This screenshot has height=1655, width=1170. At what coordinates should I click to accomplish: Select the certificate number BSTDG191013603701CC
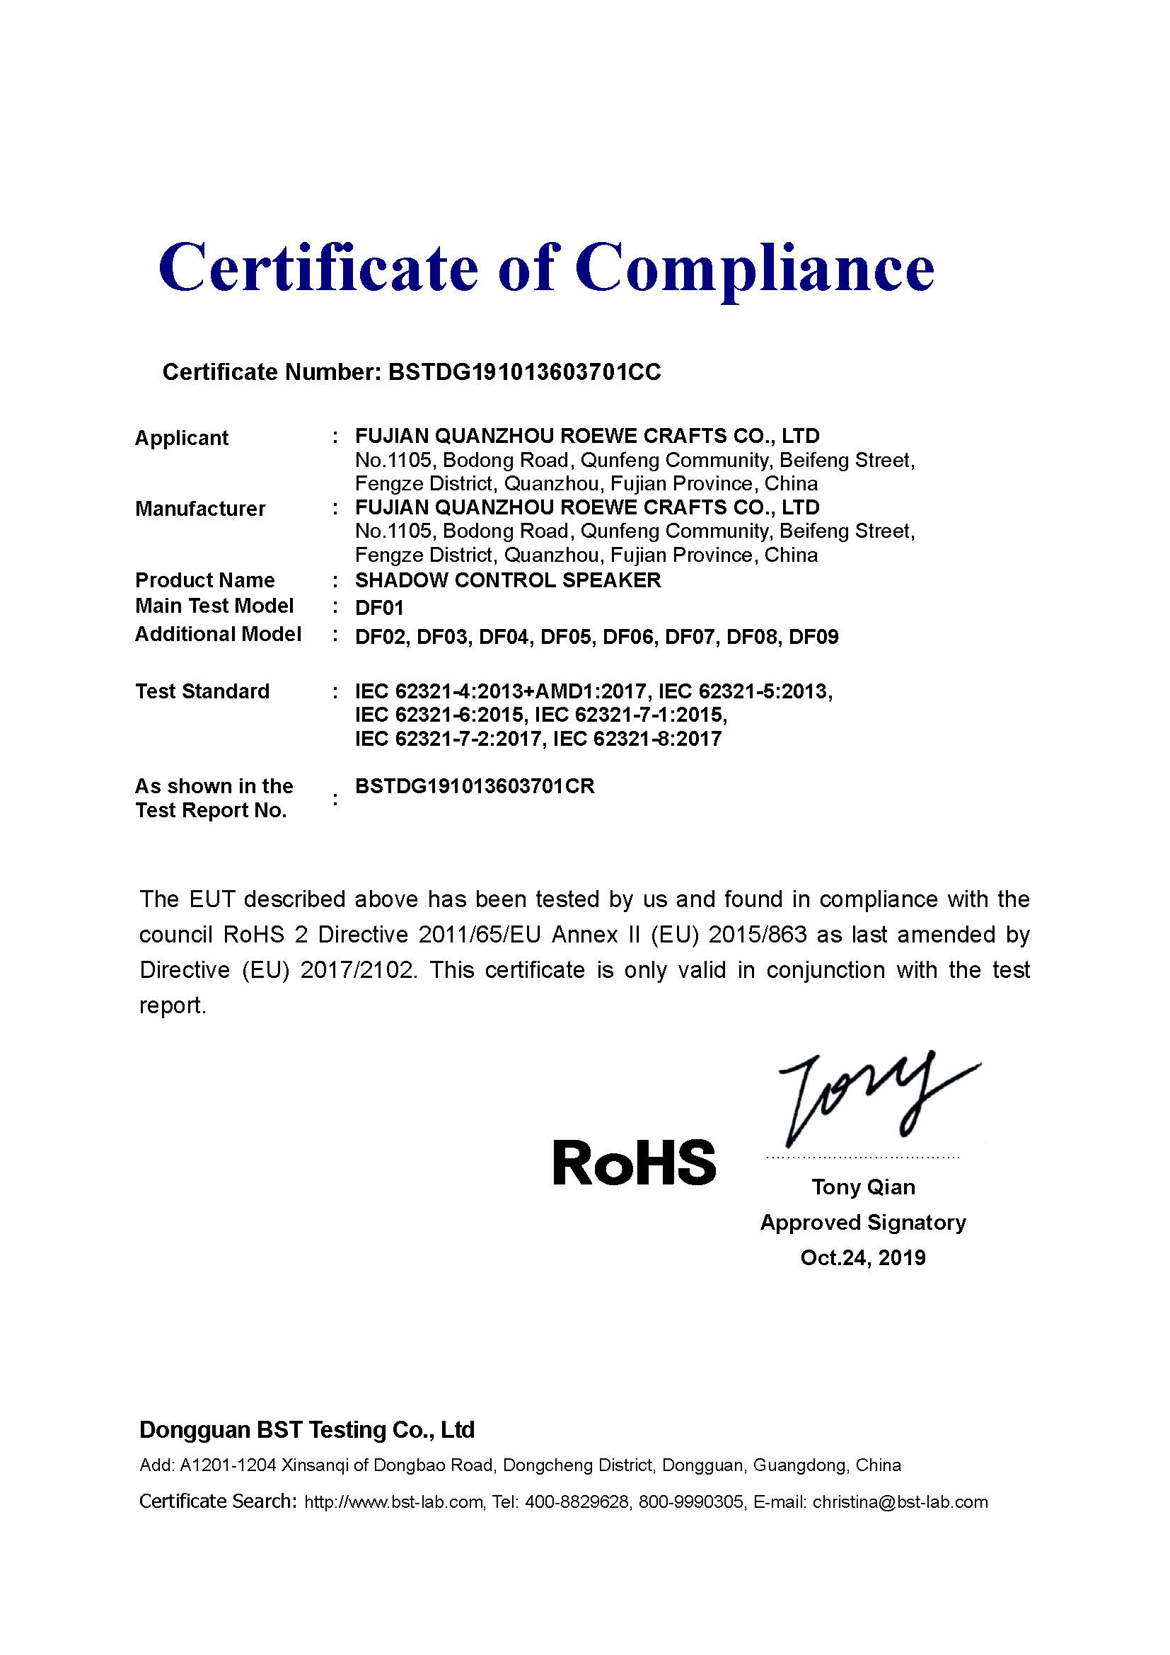[x=523, y=372]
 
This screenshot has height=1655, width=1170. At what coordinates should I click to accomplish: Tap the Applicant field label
[x=182, y=438]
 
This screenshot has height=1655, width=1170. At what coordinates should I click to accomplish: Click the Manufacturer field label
[x=200, y=509]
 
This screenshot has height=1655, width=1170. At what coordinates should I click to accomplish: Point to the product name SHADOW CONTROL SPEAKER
[x=508, y=580]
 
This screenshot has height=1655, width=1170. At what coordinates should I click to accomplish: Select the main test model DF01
[x=379, y=608]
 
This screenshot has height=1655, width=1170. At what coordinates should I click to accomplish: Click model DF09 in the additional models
[x=813, y=638]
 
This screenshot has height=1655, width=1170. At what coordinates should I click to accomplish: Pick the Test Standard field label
[x=202, y=691]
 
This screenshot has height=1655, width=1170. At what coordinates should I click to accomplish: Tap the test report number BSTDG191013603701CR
[x=475, y=786]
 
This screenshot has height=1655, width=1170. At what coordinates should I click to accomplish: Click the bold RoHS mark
[x=634, y=1163]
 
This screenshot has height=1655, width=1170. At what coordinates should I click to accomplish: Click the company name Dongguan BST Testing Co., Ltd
[x=307, y=1430]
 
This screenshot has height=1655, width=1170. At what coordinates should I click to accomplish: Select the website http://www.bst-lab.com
[x=393, y=1502]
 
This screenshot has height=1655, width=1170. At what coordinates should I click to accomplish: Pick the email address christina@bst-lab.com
[x=900, y=1502]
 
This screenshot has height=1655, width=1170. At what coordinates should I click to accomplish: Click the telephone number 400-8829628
[x=577, y=1502]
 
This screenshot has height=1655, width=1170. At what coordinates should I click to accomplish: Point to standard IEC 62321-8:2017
[x=637, y=739]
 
